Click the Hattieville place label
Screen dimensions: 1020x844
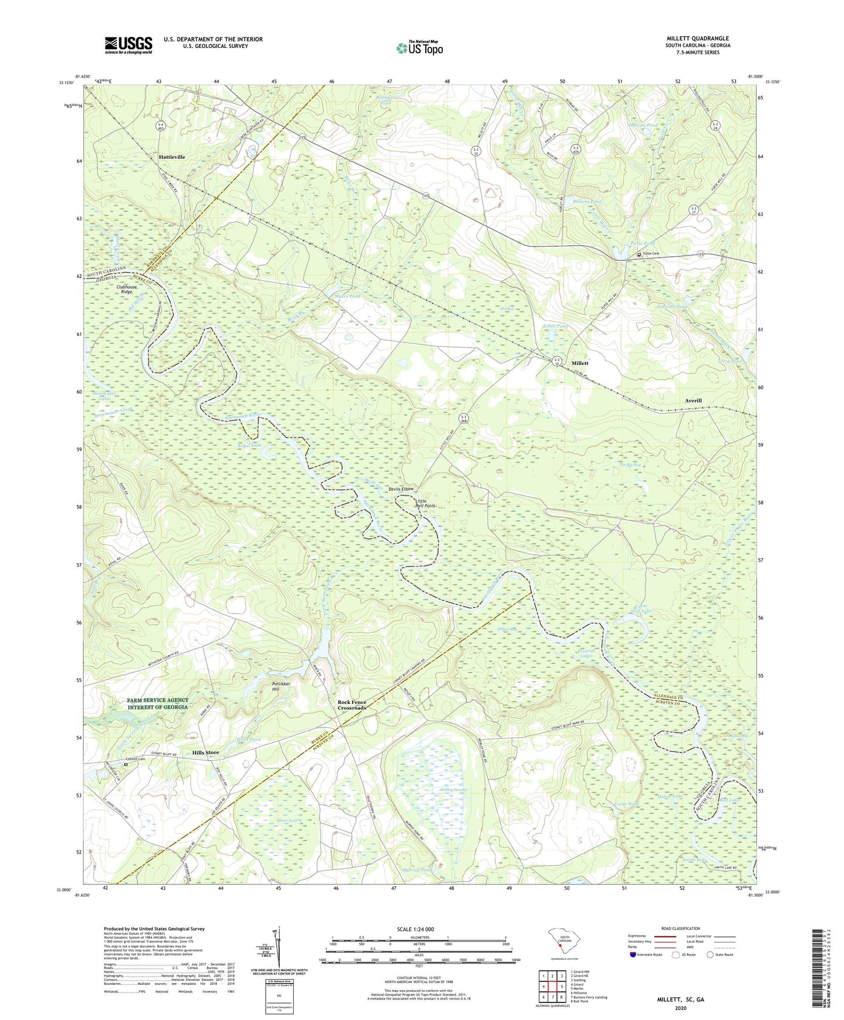172,157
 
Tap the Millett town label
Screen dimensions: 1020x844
579,363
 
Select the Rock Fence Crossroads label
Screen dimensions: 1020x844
352,705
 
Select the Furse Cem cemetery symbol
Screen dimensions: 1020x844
639,254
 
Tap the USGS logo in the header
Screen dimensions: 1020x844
128,45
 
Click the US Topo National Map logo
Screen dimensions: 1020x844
419,47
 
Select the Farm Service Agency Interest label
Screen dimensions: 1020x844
158,703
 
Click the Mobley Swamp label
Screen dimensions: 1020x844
453,790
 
